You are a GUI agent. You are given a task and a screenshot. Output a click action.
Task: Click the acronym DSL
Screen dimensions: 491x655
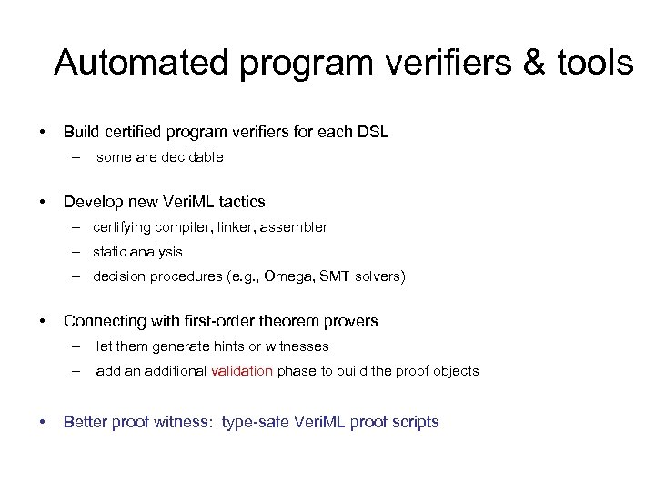[373, 132]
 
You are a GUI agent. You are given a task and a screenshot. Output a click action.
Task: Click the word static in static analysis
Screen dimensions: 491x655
[110, 252]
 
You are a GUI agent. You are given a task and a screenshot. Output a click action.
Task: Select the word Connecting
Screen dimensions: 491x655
[101, 321]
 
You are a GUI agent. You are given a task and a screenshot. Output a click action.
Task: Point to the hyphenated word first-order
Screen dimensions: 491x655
[215, 321]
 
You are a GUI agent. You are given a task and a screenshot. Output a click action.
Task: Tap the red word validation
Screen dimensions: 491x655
[241, 371]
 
